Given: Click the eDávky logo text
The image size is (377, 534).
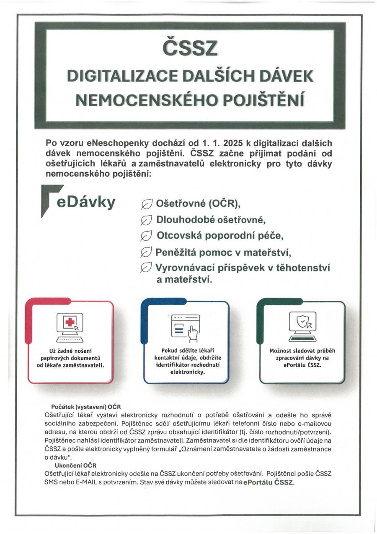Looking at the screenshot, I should click(x=86, y=202).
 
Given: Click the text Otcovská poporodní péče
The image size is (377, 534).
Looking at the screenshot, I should click(x=220, y=236).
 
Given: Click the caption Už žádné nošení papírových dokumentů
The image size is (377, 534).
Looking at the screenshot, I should click(x=71, y=357).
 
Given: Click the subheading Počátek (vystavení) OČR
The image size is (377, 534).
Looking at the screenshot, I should click(x=85, y=406).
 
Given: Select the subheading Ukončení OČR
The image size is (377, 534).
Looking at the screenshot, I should click(x=76, y=465).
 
